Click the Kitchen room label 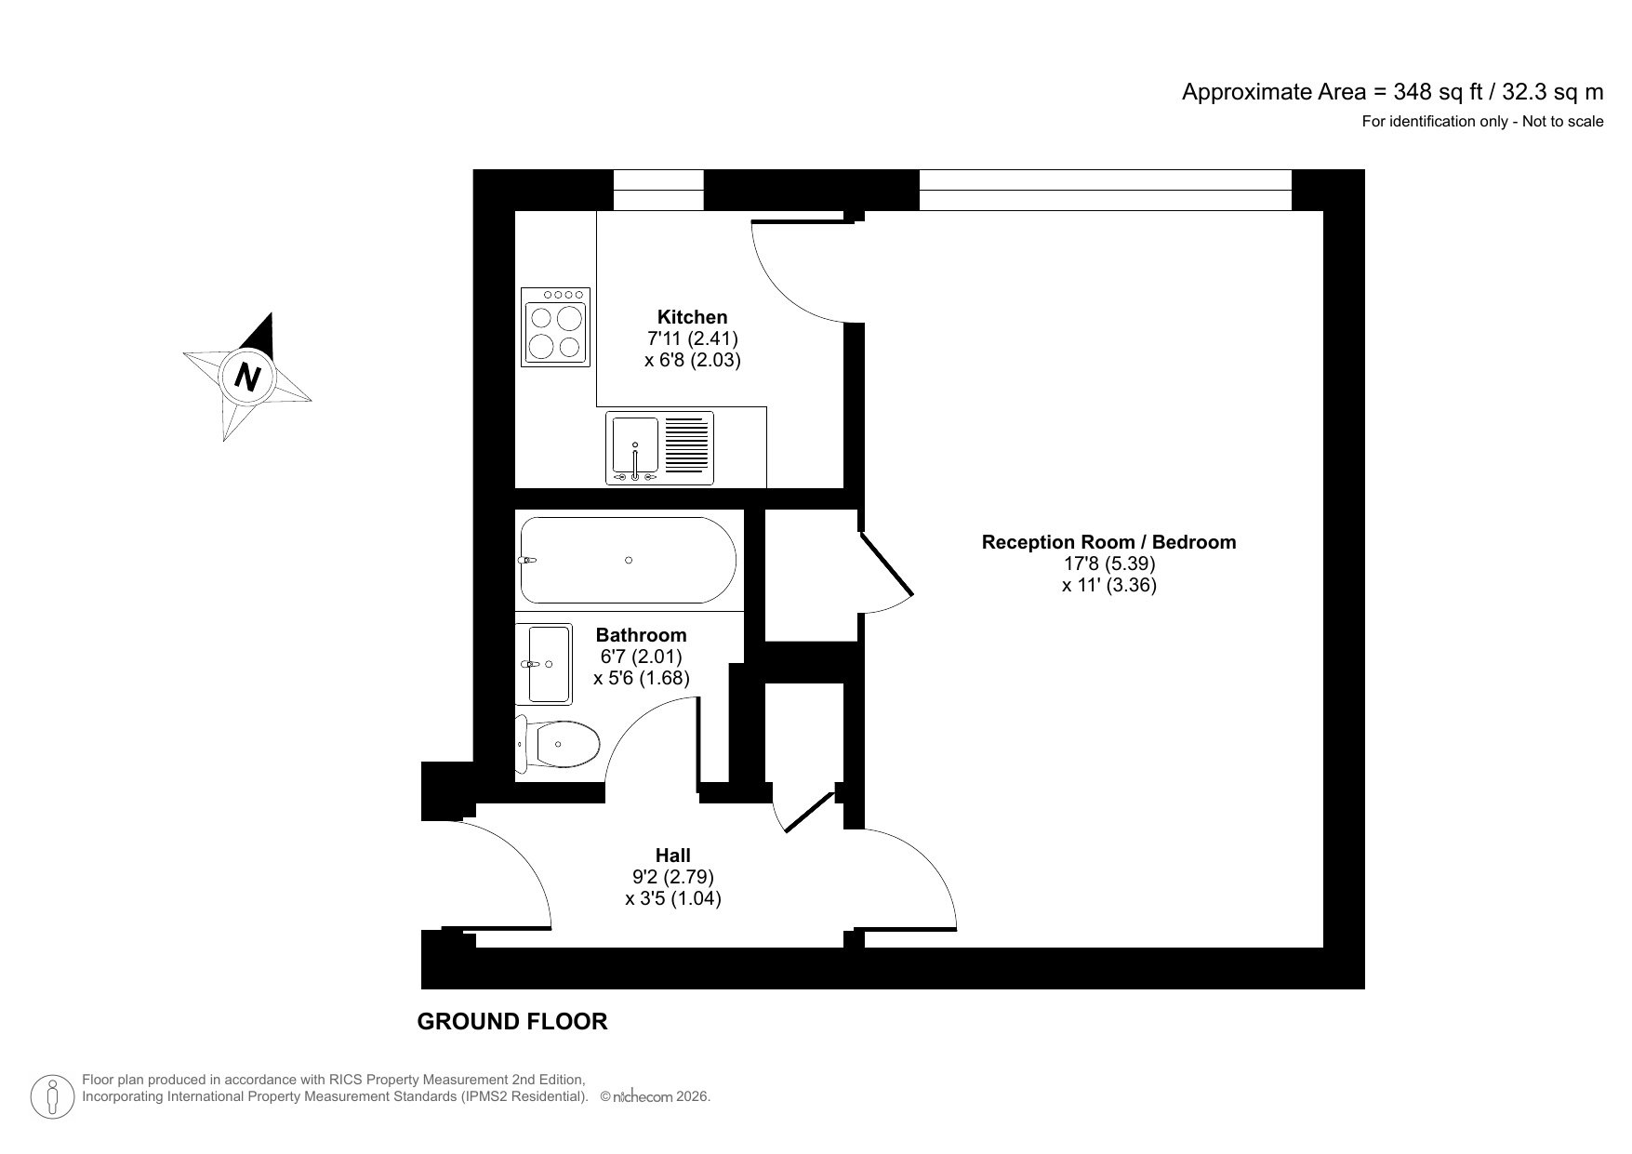692,317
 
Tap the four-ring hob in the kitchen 555,326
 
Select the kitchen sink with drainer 659,447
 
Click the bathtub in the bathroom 628,560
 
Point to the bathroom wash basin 549,664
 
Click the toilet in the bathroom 558,743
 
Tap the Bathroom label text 641,635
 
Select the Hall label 672,856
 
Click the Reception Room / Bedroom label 1108,542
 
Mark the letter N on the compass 247,378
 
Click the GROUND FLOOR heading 511,1022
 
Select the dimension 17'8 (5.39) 1109,564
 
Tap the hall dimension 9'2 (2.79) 672,877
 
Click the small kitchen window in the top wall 658,190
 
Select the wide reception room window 1105,190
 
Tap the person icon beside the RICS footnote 53,1096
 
